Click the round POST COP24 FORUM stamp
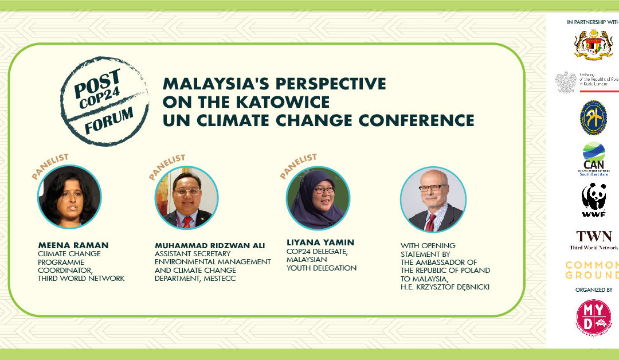pyautogui.click(x=104, y=101)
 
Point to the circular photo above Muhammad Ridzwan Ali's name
pyautogui.click(x=187, y=198)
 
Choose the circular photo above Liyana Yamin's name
pyautogui.click(x=318, y=198)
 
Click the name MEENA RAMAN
pyautogui.click(x=73, y=245)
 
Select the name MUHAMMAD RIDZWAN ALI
pyautogui.click(x=210, y=245)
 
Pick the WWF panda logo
pyautogui.click(x=593, y=201)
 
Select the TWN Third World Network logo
pyautogui.click(x=594, y=240)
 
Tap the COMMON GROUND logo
pyautogui.click(x=593, y=269)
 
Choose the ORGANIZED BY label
pyautogui.click(x=594, y=290)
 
